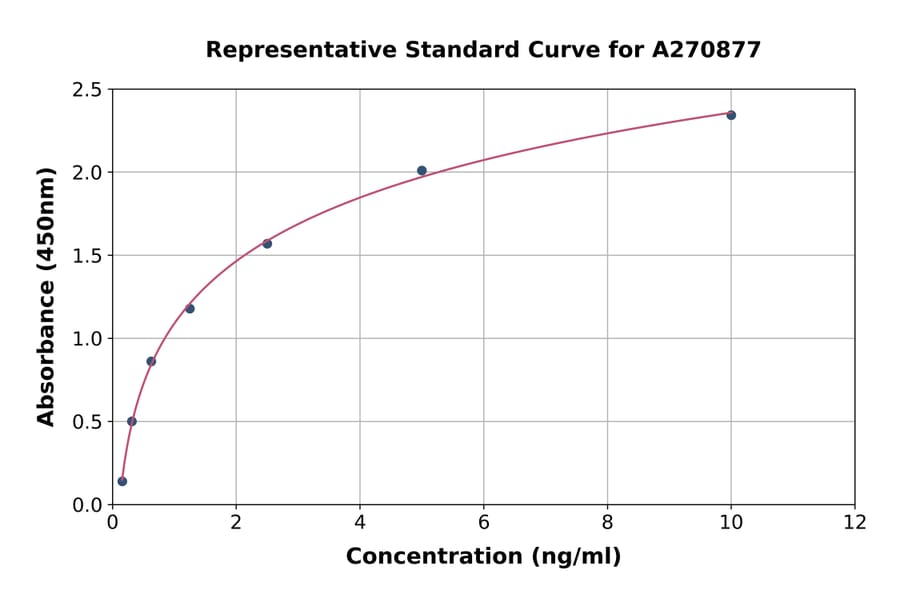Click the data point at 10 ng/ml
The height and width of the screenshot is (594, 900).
[731, 115]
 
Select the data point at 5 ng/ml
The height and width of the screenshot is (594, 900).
[422, 171]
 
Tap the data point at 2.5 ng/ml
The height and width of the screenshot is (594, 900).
[267, 244]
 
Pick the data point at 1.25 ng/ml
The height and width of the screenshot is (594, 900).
[190, 308]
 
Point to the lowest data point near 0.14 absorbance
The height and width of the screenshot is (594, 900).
[122, 481]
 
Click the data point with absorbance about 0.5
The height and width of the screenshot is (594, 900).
[132, 421]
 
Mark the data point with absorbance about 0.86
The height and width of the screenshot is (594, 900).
[151, 361]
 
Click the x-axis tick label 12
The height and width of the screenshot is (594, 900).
[855, 523]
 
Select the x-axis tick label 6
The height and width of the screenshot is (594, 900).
[483, 523]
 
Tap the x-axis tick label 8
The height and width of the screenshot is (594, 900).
[607, 523]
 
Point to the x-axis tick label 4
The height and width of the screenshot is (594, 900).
[360, 523]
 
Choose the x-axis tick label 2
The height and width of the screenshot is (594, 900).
[236, 523]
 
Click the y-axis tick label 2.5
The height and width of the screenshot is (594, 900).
[88, 90]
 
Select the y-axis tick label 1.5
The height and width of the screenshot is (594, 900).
[88, 256]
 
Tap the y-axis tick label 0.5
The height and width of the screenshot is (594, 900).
[88, 422]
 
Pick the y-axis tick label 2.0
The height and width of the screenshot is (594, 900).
[88, 173]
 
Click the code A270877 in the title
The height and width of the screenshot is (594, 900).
[707, 49]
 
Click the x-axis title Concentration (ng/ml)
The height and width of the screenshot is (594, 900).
[483, 557]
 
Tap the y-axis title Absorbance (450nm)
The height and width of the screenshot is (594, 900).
[46, 296]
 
